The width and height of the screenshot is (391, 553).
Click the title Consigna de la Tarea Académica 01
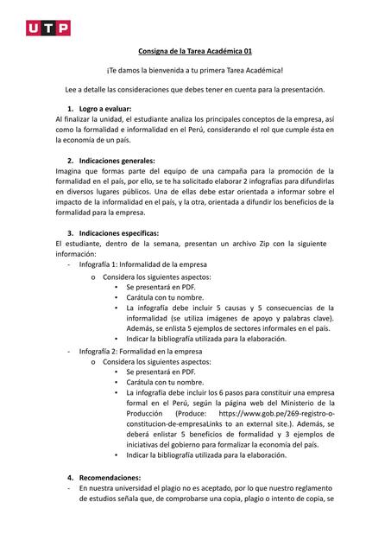coord(195,51)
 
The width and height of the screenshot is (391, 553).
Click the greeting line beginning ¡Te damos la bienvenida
coord(195,70)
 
